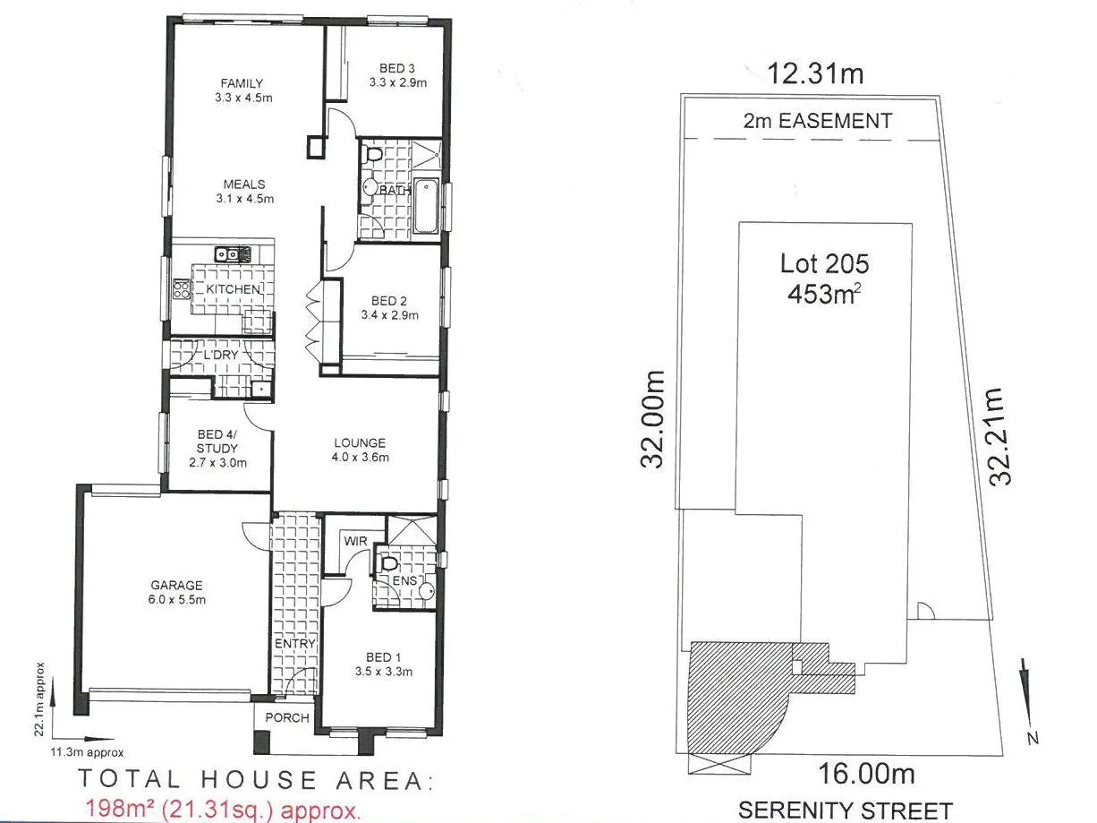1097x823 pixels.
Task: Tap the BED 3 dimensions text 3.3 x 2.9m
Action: click(x=397, y=82)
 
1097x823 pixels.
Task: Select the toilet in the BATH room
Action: click(x=374, y=158)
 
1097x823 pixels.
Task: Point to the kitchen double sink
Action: click(x=227, y=254)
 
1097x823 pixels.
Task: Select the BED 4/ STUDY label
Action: click(x=217, y=442)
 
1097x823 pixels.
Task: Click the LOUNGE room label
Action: click(x=360, y=442)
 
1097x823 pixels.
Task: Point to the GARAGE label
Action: click(x=177, y=586)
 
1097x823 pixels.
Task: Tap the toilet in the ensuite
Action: click(x=389, y=565)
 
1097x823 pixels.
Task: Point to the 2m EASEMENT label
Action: click(x=817, y=120)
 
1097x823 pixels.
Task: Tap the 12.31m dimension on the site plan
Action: click(x=815, y=73)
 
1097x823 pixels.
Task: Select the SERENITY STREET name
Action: click(x=846, y=809)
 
